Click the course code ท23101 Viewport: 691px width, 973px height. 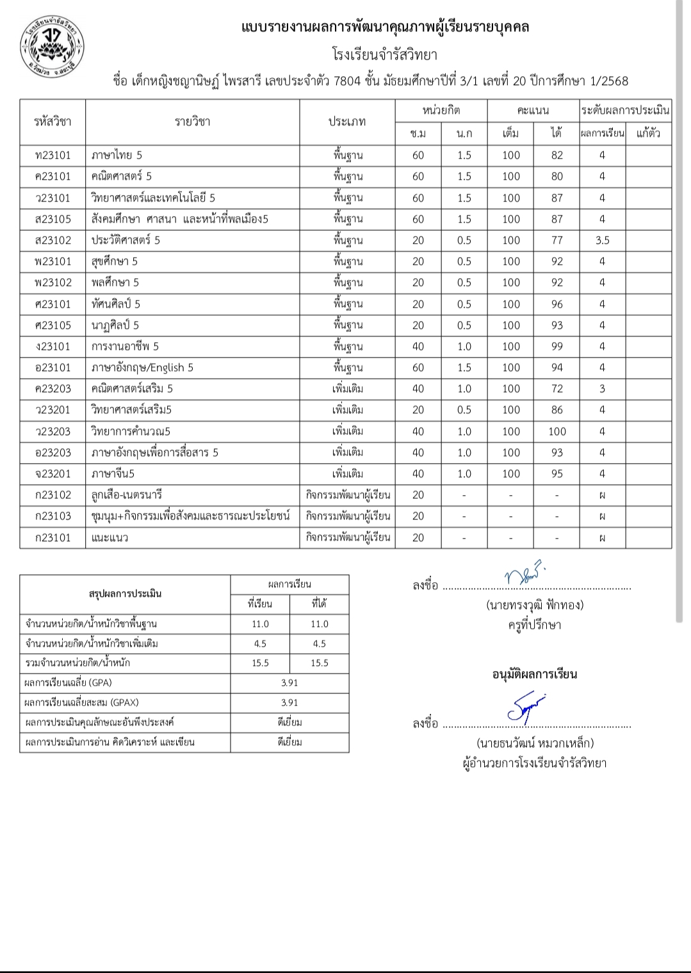53,155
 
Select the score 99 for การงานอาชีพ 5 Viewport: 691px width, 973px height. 557,347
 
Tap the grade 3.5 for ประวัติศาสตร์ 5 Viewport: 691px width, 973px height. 602,241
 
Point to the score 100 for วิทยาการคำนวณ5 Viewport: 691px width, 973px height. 557,432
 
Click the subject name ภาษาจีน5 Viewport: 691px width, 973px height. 113,474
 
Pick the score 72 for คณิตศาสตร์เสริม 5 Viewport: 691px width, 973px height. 557,389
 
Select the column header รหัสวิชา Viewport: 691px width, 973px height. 53,122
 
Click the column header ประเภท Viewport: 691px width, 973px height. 347,122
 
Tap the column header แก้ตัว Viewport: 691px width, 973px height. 648,133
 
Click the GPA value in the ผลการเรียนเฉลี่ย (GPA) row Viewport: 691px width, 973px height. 289,683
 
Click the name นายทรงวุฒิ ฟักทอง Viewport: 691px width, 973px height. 535,605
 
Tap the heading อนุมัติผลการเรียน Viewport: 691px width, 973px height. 535,674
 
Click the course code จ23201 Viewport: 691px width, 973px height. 53,474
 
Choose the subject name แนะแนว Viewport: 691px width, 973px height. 110,538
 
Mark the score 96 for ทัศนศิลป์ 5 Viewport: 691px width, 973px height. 557,305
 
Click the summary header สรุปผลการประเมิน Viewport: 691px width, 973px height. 125,594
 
